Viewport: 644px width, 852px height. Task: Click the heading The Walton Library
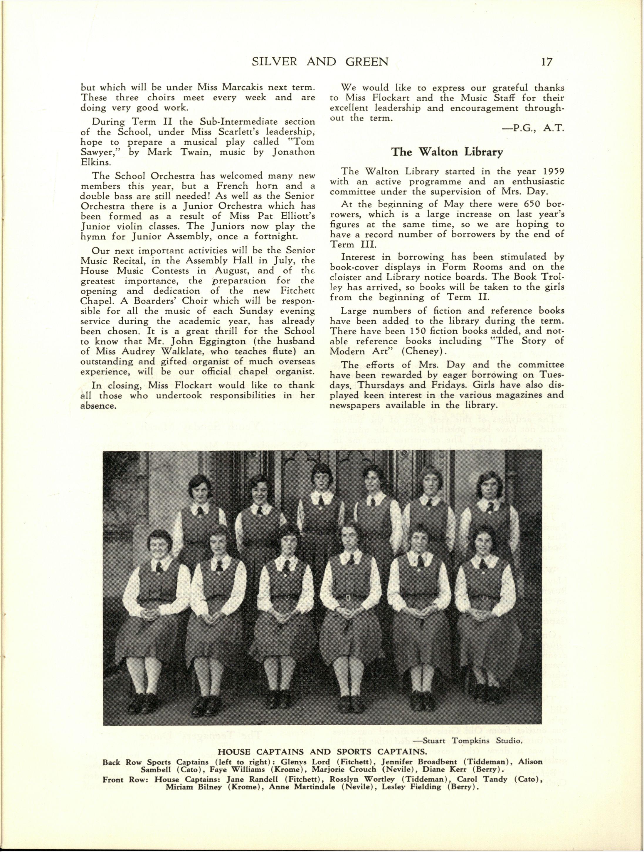[x=447, y=152]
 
